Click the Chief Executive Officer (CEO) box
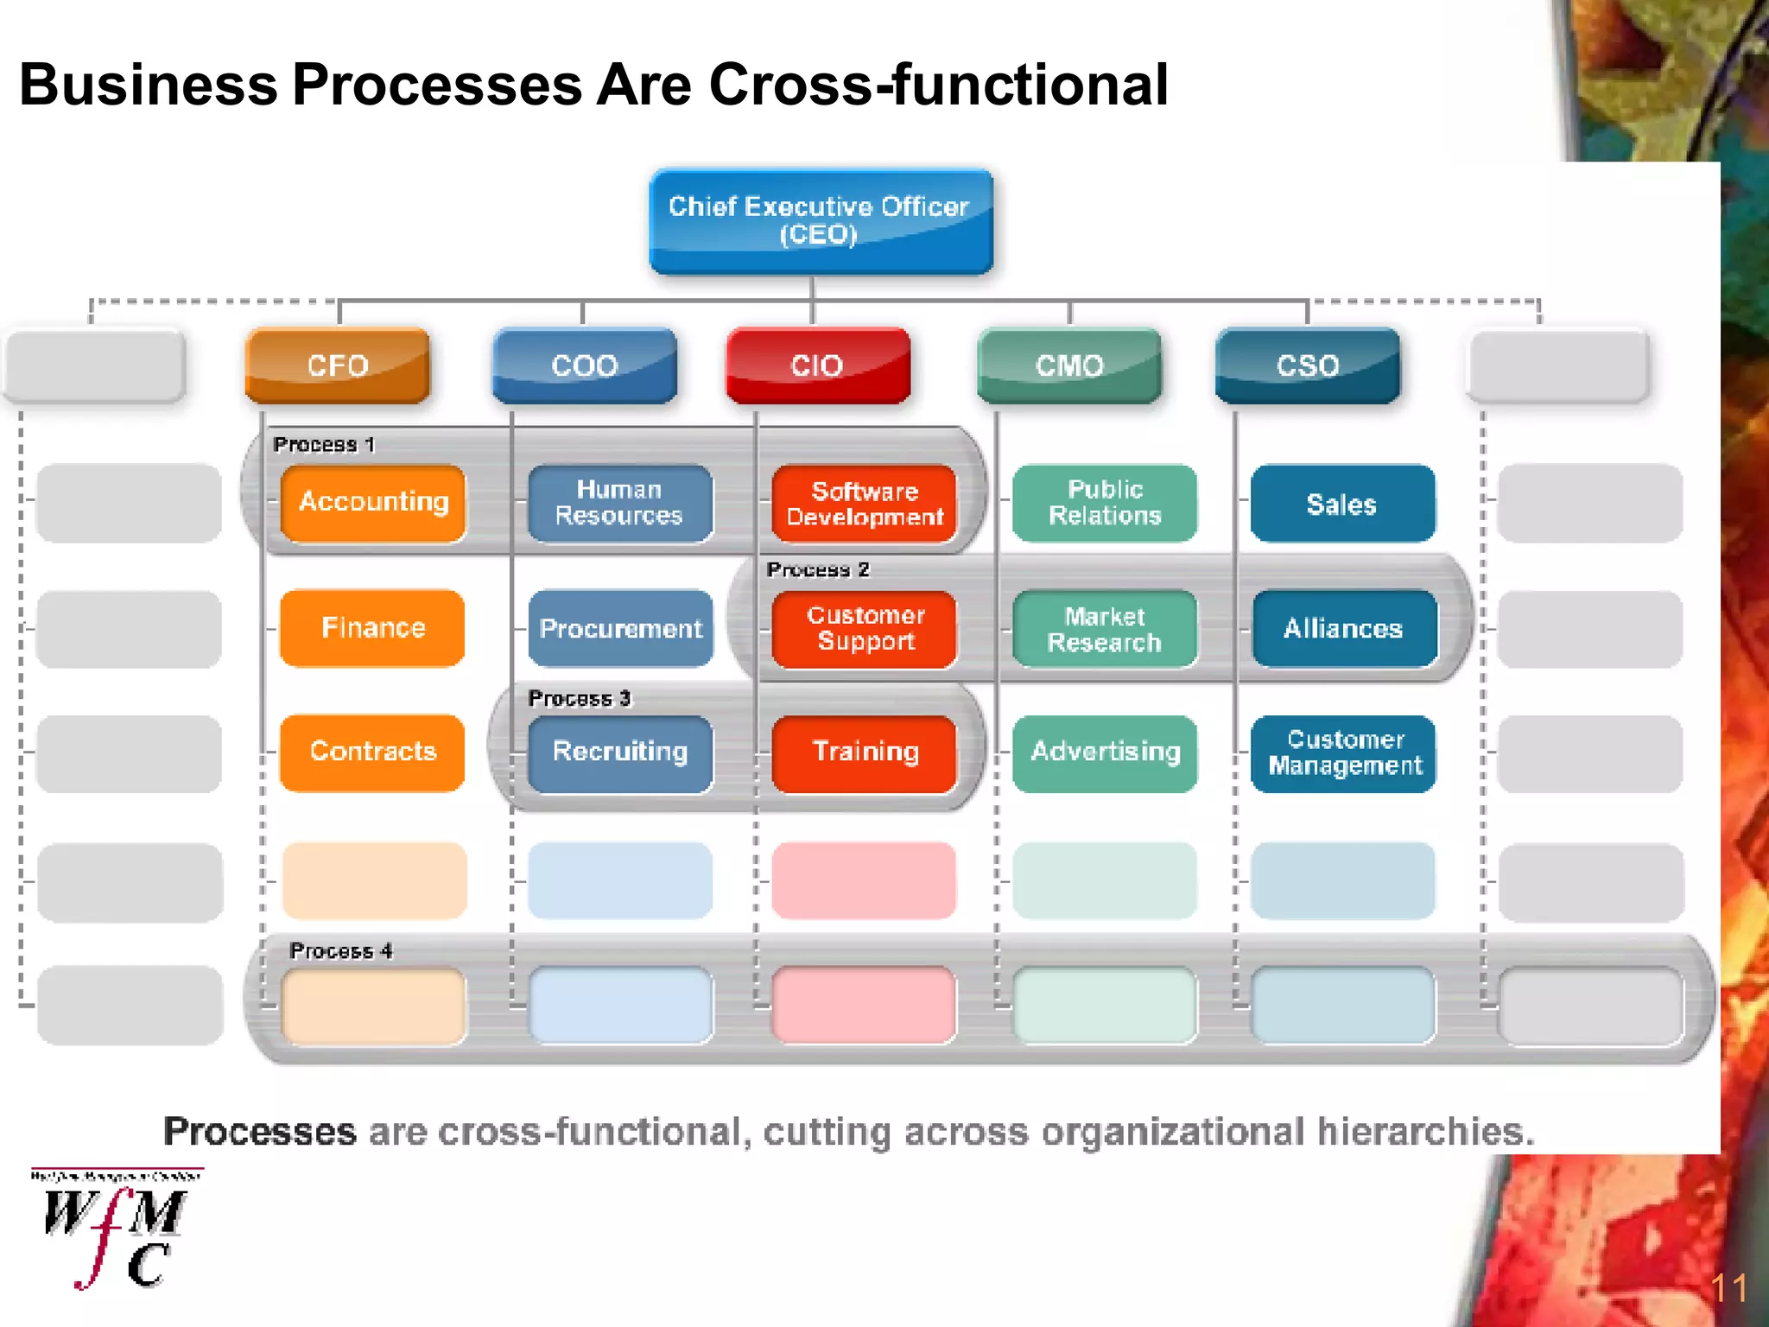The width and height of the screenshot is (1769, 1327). click(821, 221)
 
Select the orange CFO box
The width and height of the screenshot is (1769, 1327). click(338, 365)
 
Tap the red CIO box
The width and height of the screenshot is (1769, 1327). click(817, 365)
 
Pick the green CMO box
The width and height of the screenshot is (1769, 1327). click(1069, 365)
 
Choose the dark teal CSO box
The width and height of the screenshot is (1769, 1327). click(1308, 365)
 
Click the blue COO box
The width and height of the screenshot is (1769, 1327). click(585, 365)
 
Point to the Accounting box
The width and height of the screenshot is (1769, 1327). click(373, 502)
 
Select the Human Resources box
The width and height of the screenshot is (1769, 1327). click(619, 503)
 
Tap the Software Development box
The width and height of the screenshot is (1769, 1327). click(865, 504)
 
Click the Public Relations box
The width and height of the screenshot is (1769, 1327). click(1105, 503)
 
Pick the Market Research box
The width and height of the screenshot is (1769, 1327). click(1105, 629)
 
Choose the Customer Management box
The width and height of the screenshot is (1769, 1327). click(1344, 752)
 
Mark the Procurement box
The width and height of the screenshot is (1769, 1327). click(620, 628)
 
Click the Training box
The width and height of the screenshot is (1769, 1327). click(865, 752)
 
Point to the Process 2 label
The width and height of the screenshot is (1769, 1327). click(817, 569)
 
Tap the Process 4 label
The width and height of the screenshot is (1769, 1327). click(340, 950)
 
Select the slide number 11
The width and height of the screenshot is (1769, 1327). click(1728, 1288)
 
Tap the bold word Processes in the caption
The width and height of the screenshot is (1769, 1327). click(260, 1131)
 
